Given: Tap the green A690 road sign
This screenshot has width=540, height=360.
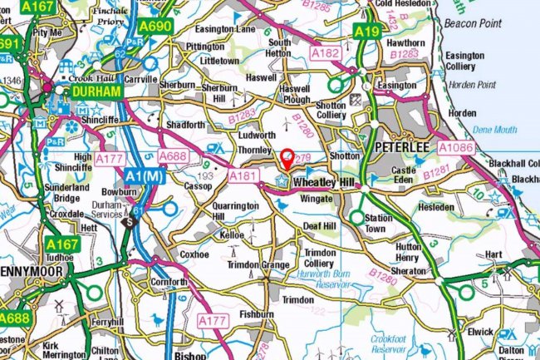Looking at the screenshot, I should pyautogui.click(x=155, y=27).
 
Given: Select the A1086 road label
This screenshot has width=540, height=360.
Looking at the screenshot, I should pyautogui.click(x=456, y=148).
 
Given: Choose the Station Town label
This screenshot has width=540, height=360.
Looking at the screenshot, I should pyautogui.click(x=379, y=223).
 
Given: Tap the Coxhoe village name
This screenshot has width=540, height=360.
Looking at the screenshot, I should pyautogui.click(x=196, y=254).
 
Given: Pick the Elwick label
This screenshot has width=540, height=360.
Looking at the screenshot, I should pyautogui.click(x=479, y=331).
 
